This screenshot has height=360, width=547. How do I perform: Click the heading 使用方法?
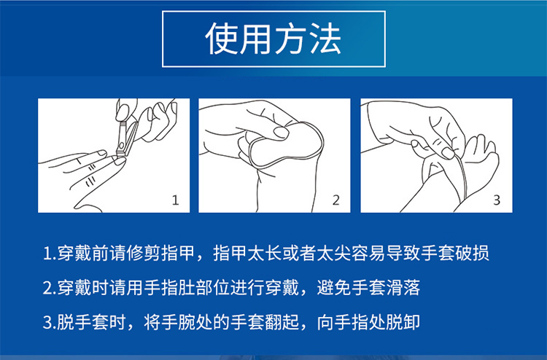[x=273, y=39]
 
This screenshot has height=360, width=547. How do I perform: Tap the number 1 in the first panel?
[x=176, y=200]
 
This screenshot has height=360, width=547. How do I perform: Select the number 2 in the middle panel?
[x=336, y=200]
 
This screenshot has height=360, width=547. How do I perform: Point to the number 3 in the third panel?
[x=497, y=200]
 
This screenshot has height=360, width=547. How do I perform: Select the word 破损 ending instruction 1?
[x=473, y=253]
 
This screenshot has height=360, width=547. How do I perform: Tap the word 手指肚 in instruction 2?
[x=170, y=288]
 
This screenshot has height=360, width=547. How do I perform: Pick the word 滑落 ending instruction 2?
[x=403, y=288]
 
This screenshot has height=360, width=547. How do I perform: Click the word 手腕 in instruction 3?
[x=178, y=322]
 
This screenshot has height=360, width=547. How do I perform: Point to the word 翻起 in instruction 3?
[x=282, y=322]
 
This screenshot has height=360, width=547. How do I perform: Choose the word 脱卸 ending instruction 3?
[x=403, y=322]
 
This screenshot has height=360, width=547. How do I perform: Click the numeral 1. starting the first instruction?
[x=49, y=254]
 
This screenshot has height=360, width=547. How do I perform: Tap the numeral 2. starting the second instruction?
[x=49, y=289]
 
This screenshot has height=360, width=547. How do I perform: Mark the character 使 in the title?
[x=221, y=39]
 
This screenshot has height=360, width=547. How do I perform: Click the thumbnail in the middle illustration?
[x=282, y=132]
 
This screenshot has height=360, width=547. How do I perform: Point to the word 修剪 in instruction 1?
[x=144, y=253]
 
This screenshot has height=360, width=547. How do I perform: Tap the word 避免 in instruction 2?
[x=334, y=288]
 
